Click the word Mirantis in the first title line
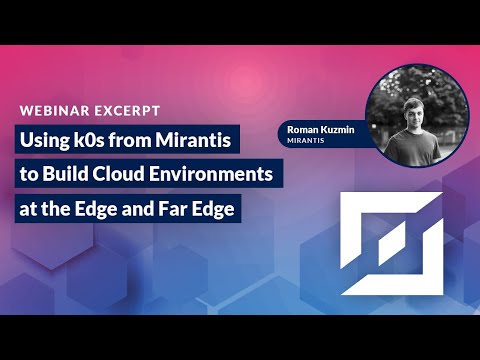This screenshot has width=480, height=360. [x=189, y=140]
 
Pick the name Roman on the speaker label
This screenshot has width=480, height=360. [x=301, y=128]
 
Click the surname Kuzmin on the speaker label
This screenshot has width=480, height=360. [x=339, y=128]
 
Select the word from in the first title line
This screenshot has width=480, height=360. [x=133, y=140]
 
